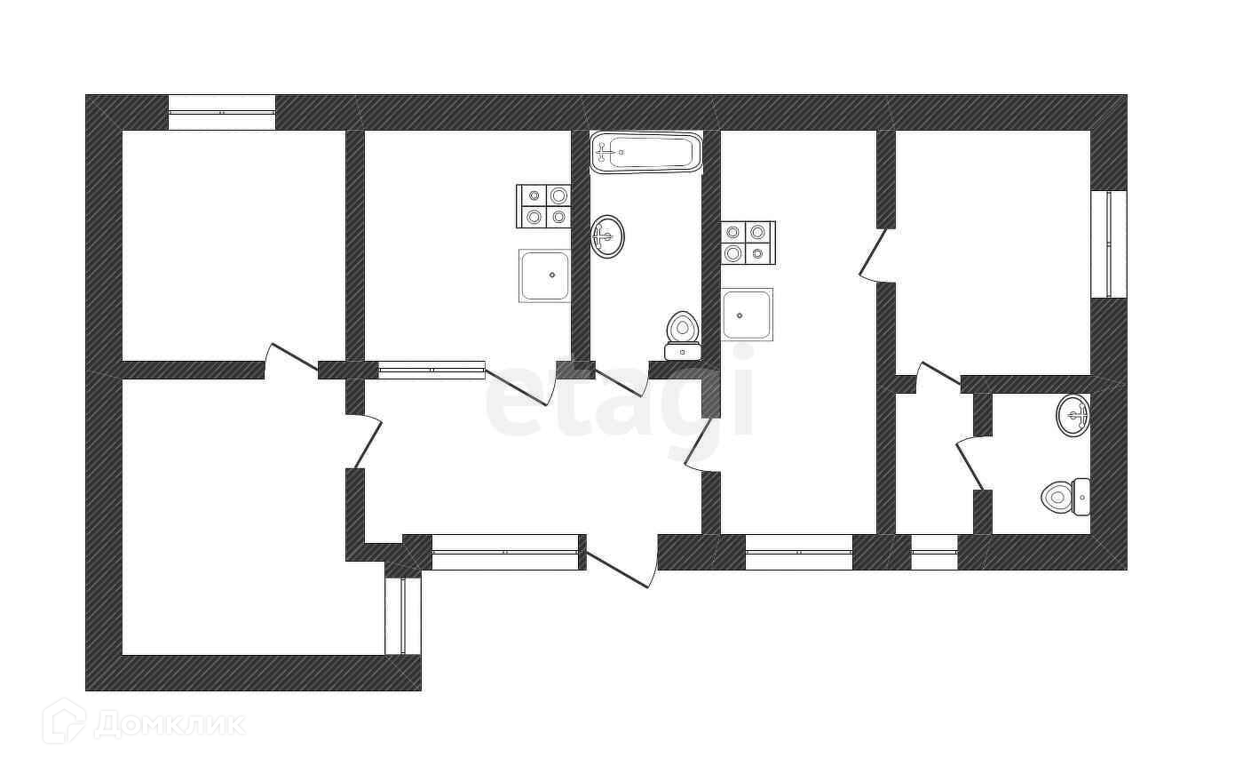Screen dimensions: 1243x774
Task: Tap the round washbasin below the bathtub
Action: [x=607, y=236]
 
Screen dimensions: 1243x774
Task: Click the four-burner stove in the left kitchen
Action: [x=544, y=206]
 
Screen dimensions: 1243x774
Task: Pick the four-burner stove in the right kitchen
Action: [x=748, y=243]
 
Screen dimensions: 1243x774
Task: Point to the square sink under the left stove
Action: [x=545, y=275]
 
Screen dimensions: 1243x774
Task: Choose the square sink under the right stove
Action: [x=747, y=315]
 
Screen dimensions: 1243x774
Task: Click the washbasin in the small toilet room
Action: [x=1073, y=415]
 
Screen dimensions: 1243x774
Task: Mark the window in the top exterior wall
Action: [x=222, y=113]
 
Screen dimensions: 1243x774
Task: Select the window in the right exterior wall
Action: [x=1109, y=243]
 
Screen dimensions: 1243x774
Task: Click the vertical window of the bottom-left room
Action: [x=403, y=616]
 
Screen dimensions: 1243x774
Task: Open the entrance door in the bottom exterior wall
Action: [x=622, y=564]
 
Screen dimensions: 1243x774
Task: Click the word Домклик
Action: [x=169, y=724]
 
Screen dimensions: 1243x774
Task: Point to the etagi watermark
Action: [x=620, y=396]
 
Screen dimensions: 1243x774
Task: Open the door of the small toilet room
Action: [x=970, y=462]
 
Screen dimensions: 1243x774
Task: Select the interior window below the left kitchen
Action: [x=431, y=370]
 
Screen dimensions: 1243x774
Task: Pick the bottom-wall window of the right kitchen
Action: [x=798, y=552]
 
